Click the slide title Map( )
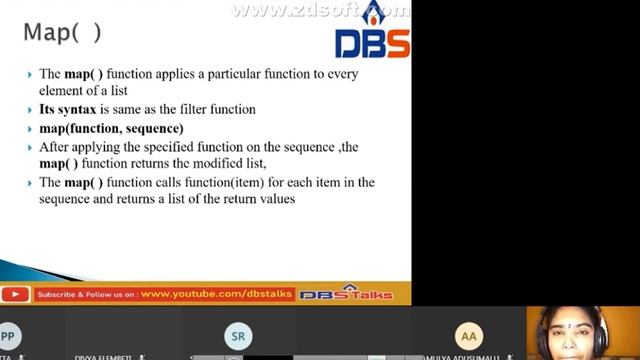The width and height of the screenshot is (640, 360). pos(62,32)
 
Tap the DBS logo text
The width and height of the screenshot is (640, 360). pos(371,44)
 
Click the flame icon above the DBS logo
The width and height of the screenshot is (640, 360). pos(374,13)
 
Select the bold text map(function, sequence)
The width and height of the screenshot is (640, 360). pos(111,129)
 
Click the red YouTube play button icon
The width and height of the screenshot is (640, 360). pos(14,294)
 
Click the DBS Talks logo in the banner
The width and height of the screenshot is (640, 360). pos(346,294)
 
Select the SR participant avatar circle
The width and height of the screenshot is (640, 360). pos(238,336)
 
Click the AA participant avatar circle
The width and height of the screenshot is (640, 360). pos(468,336)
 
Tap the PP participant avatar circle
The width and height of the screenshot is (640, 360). pos(8,336)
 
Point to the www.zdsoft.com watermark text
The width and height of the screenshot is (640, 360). pos(320,11)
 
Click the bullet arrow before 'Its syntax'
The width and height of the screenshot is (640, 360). pos(29,110)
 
